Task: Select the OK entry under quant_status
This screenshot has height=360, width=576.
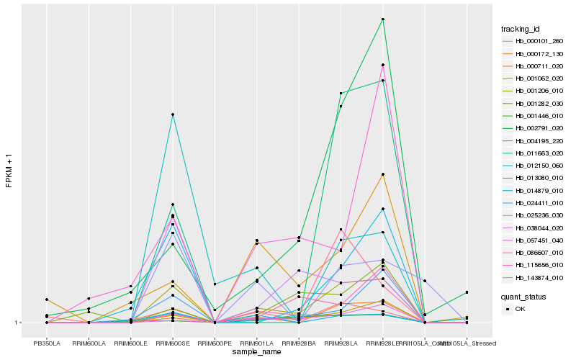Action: (x=530, y=308)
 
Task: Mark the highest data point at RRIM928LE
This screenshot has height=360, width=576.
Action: (x=383, y=19)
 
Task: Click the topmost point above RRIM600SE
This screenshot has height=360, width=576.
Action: (x=173, y=114)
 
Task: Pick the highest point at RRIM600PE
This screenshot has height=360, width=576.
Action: (x=215, y=284)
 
